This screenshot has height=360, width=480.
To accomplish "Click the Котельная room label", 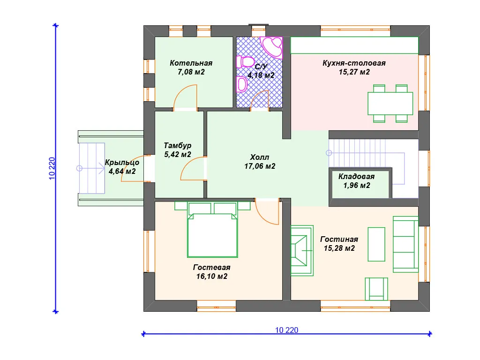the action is (191, 63).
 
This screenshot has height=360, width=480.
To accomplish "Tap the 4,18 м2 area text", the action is (261, 75).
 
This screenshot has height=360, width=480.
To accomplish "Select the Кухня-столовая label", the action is (354, 63).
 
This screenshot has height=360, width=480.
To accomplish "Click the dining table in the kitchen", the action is (390, 104).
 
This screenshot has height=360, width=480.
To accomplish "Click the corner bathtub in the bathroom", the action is (271, 47).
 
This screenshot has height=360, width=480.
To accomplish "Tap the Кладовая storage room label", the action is (357, 177).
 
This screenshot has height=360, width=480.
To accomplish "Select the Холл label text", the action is (260, 157).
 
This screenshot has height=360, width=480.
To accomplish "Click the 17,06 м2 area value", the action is (260, 166).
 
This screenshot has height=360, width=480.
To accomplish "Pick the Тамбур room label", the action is (178, 145).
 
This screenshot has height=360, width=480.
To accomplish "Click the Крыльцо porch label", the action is (122, 163).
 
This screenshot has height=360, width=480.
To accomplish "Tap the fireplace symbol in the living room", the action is (302, 250).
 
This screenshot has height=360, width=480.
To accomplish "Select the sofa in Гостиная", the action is (405, 244).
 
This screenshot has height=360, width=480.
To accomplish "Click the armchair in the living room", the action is (376, 289).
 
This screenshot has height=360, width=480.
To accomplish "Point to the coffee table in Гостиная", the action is (376, 244).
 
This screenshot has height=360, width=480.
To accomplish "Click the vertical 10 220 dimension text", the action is (52, 168).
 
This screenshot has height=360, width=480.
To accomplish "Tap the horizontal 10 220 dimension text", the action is (286, 330).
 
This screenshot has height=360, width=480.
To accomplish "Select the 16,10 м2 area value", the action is (212, 277).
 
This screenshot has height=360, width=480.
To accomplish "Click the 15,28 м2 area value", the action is (339, 248).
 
